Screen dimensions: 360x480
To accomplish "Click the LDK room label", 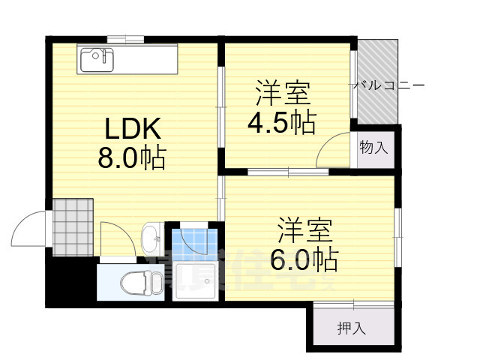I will pos(132,130).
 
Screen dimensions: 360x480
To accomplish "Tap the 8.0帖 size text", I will pos(132,159).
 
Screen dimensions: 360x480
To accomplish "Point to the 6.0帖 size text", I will pos(304,260).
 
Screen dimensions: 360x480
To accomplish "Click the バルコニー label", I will pos(389,86).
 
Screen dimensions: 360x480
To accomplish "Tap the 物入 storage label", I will pos(373,147).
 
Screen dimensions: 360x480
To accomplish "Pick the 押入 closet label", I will pos(351,328).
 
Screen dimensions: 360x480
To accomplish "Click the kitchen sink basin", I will pos(94,58).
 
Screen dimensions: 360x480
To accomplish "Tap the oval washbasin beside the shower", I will pos(151,238).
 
